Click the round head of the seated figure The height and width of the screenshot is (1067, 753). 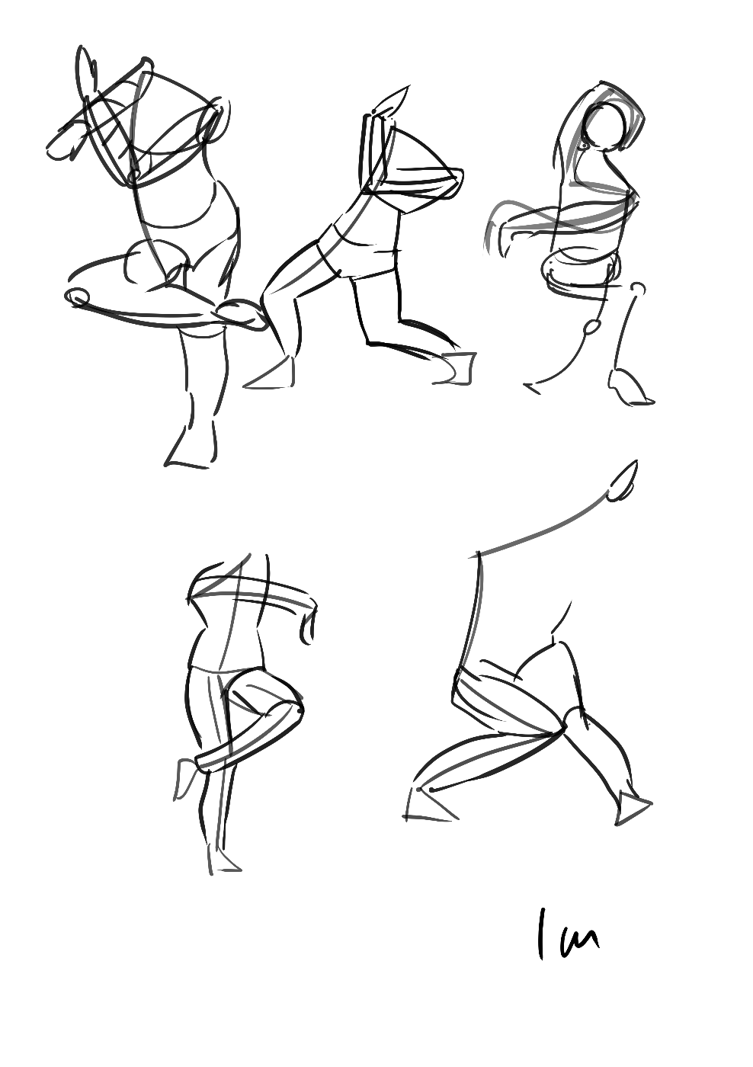604,127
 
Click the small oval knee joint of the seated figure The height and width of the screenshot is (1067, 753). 592,326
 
